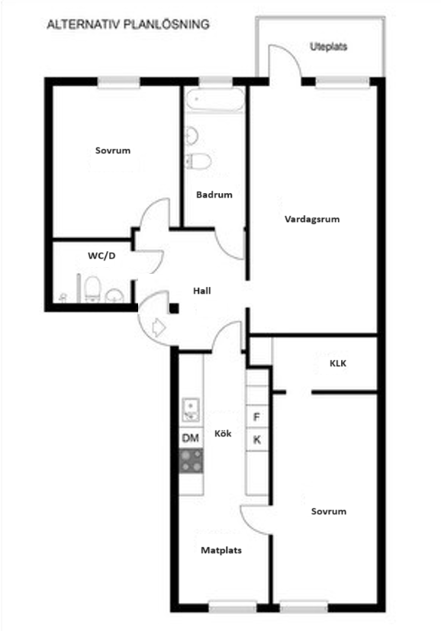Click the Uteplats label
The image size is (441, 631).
(x=328, y=47)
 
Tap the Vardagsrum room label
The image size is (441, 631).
(x=312, y=219)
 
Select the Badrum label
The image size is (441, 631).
(x=214, y=195)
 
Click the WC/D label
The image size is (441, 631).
(x=101, y=256)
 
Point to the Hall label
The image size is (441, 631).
(x=202, y=291)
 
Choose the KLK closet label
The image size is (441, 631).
(x=338, y=363)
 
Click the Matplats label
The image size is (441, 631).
(x=221, y=550)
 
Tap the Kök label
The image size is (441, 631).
(x=223, y=433)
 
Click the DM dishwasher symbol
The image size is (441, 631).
(x=191, y=438)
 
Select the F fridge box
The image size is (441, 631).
(x=256, y=417)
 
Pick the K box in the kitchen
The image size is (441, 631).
(x=256, y=439)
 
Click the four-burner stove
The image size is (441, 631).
(x=192, y=461)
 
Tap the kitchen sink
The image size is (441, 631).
(x=191, y=410)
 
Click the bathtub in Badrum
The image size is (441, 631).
(x=215, y=99)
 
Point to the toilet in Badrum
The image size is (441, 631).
(x=199, y=161)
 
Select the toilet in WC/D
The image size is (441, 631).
(x=92, y=288)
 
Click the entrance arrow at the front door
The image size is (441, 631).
(x=159, y=327)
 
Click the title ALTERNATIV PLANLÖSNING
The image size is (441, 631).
(x=128, y=24)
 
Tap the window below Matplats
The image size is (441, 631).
(x=233, y=607)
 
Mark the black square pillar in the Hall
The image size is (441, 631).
(x=174, y=309)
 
